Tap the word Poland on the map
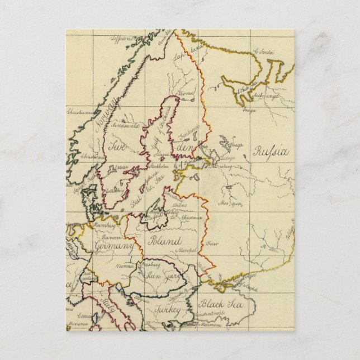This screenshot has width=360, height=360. [x=163, y=241]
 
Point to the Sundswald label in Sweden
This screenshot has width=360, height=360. [x=126, y=126]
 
